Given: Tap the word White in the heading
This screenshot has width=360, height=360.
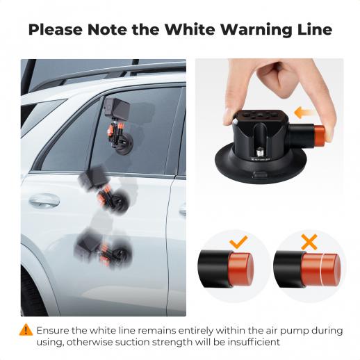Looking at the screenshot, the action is pos(190,29).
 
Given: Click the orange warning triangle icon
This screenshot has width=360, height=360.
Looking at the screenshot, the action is pos(26,329).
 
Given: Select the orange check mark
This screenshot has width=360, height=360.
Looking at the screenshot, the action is pos(238,242).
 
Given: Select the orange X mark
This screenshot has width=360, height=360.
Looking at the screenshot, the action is pos(309,242).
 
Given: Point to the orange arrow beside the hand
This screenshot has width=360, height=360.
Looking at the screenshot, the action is pos(304,113).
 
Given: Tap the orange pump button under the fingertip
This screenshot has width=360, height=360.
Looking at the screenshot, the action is pos(319,136).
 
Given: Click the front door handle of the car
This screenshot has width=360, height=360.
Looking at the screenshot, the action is pos(44,200).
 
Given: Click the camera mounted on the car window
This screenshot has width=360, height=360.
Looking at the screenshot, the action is pos(117,108).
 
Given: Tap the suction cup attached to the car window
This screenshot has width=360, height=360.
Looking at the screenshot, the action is pos(124,145).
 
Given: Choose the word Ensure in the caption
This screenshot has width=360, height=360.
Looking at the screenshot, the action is pos(51,330).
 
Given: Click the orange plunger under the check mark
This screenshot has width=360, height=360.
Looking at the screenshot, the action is pos(241,269).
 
